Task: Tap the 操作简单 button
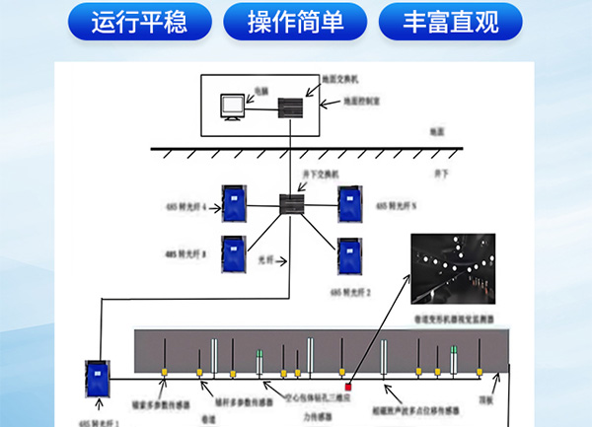(x=295, y=22)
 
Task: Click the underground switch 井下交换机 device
(x=294, y=204)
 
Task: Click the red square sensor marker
(x=349, y=385)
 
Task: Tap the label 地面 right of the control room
(x=437, y=130)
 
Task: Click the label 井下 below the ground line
(x=441, y=174)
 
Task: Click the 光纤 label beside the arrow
(x=263, y=260)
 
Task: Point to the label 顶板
(x=485, y=402)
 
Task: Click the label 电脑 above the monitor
(x=260, y=91)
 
